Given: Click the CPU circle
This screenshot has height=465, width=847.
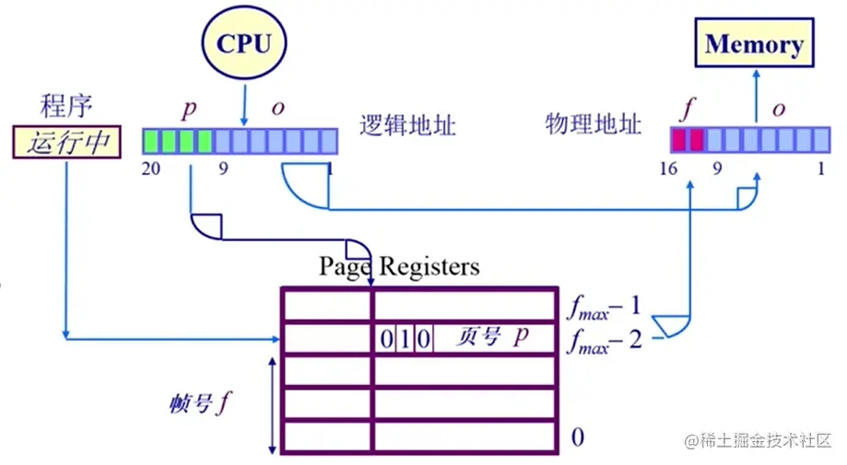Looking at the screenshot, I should point(244,43).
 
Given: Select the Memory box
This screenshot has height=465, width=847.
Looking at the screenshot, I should point(754,44).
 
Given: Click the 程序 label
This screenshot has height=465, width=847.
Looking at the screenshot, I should point(66,107).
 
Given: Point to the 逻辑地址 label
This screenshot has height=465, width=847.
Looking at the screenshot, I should point(407,124).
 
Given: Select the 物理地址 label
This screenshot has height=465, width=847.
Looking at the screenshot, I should point(593,124).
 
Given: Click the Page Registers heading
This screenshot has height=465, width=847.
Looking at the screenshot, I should point(399,267).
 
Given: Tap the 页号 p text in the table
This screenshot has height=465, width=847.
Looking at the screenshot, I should point(493,337).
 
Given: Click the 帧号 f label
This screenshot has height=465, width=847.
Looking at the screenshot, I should point(199,404).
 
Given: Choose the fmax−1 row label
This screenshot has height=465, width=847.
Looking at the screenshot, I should point(603,305).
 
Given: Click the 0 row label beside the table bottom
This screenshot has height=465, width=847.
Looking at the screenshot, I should point(577,436).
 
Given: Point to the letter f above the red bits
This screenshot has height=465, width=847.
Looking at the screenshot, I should point(686,109).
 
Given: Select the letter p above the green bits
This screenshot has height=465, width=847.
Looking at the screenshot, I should point(190,109).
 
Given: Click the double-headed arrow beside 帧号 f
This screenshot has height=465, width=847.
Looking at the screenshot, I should point(271,405).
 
